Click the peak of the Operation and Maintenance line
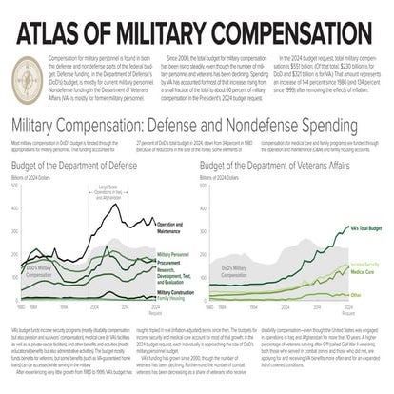(x=115, y=205)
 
